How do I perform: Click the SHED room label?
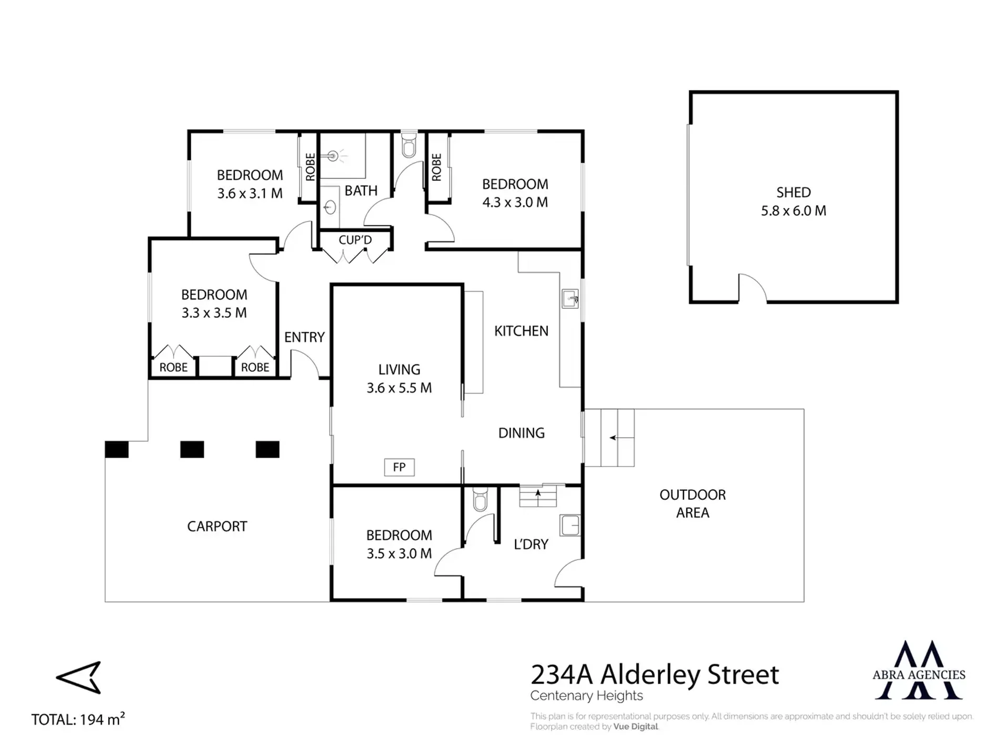coord(793,193)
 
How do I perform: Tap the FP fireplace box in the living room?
coord(399,467)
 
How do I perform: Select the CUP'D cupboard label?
coord(355,240)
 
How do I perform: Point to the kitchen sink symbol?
coord(570,299)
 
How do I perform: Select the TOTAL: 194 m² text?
coord(78,719)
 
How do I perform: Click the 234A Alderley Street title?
coord(654,675)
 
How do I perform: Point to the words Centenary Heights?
coord(586,696)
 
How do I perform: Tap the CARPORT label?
coord(217,527)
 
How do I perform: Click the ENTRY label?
coord(304,337)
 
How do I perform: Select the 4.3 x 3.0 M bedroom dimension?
coord(515,203)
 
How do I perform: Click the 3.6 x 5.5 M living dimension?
coord(399,388)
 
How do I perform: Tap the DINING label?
coord(521,433)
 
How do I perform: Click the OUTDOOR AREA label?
coord(692,504)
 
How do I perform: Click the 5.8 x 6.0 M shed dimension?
coord(793,211)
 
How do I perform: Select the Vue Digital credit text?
coord(636,727)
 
